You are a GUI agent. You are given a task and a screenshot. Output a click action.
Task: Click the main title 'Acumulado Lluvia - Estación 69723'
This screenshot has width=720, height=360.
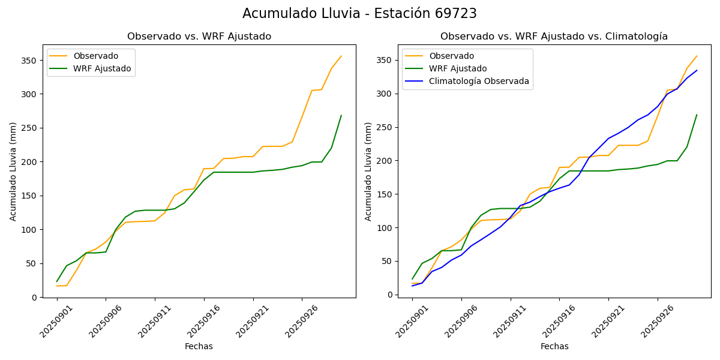pyautogui.click(x=359, y=14)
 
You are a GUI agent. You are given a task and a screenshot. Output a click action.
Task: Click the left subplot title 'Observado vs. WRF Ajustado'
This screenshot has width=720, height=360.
pyautogui.click(x=199, y=37)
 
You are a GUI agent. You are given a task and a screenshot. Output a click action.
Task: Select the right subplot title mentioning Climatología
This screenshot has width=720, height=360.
pyautogui.click(x=554, y=37)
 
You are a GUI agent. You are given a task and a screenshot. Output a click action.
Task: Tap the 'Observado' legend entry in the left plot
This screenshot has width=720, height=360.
pyautogui.click(x=95, y=56)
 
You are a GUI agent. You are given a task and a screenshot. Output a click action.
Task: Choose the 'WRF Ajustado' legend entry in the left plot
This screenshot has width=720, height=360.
pyautogui.click(x=102, y=68)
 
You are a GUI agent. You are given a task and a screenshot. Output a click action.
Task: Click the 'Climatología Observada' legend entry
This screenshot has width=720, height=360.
pyautogui.click(x=479, y=82)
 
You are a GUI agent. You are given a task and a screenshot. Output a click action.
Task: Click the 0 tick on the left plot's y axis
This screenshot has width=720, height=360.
pyautogui.click(x=35, y=298)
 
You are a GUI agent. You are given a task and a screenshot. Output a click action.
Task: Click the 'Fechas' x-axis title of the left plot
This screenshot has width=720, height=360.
pyautogui.click(x=199, y=346)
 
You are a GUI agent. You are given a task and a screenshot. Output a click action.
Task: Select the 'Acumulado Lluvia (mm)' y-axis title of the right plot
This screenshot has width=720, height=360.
pyautogui.click(x=368, y=171)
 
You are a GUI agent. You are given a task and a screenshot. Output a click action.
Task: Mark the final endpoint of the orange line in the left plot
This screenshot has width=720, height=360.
pyautogui.click(x=341, y=56)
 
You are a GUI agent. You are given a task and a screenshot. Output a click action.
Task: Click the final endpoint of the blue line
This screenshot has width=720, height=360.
pyautogui.click(x=697, y=70)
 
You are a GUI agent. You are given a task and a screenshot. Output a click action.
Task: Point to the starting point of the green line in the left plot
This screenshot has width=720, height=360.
pyautogui.click(x=57, y=281)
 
